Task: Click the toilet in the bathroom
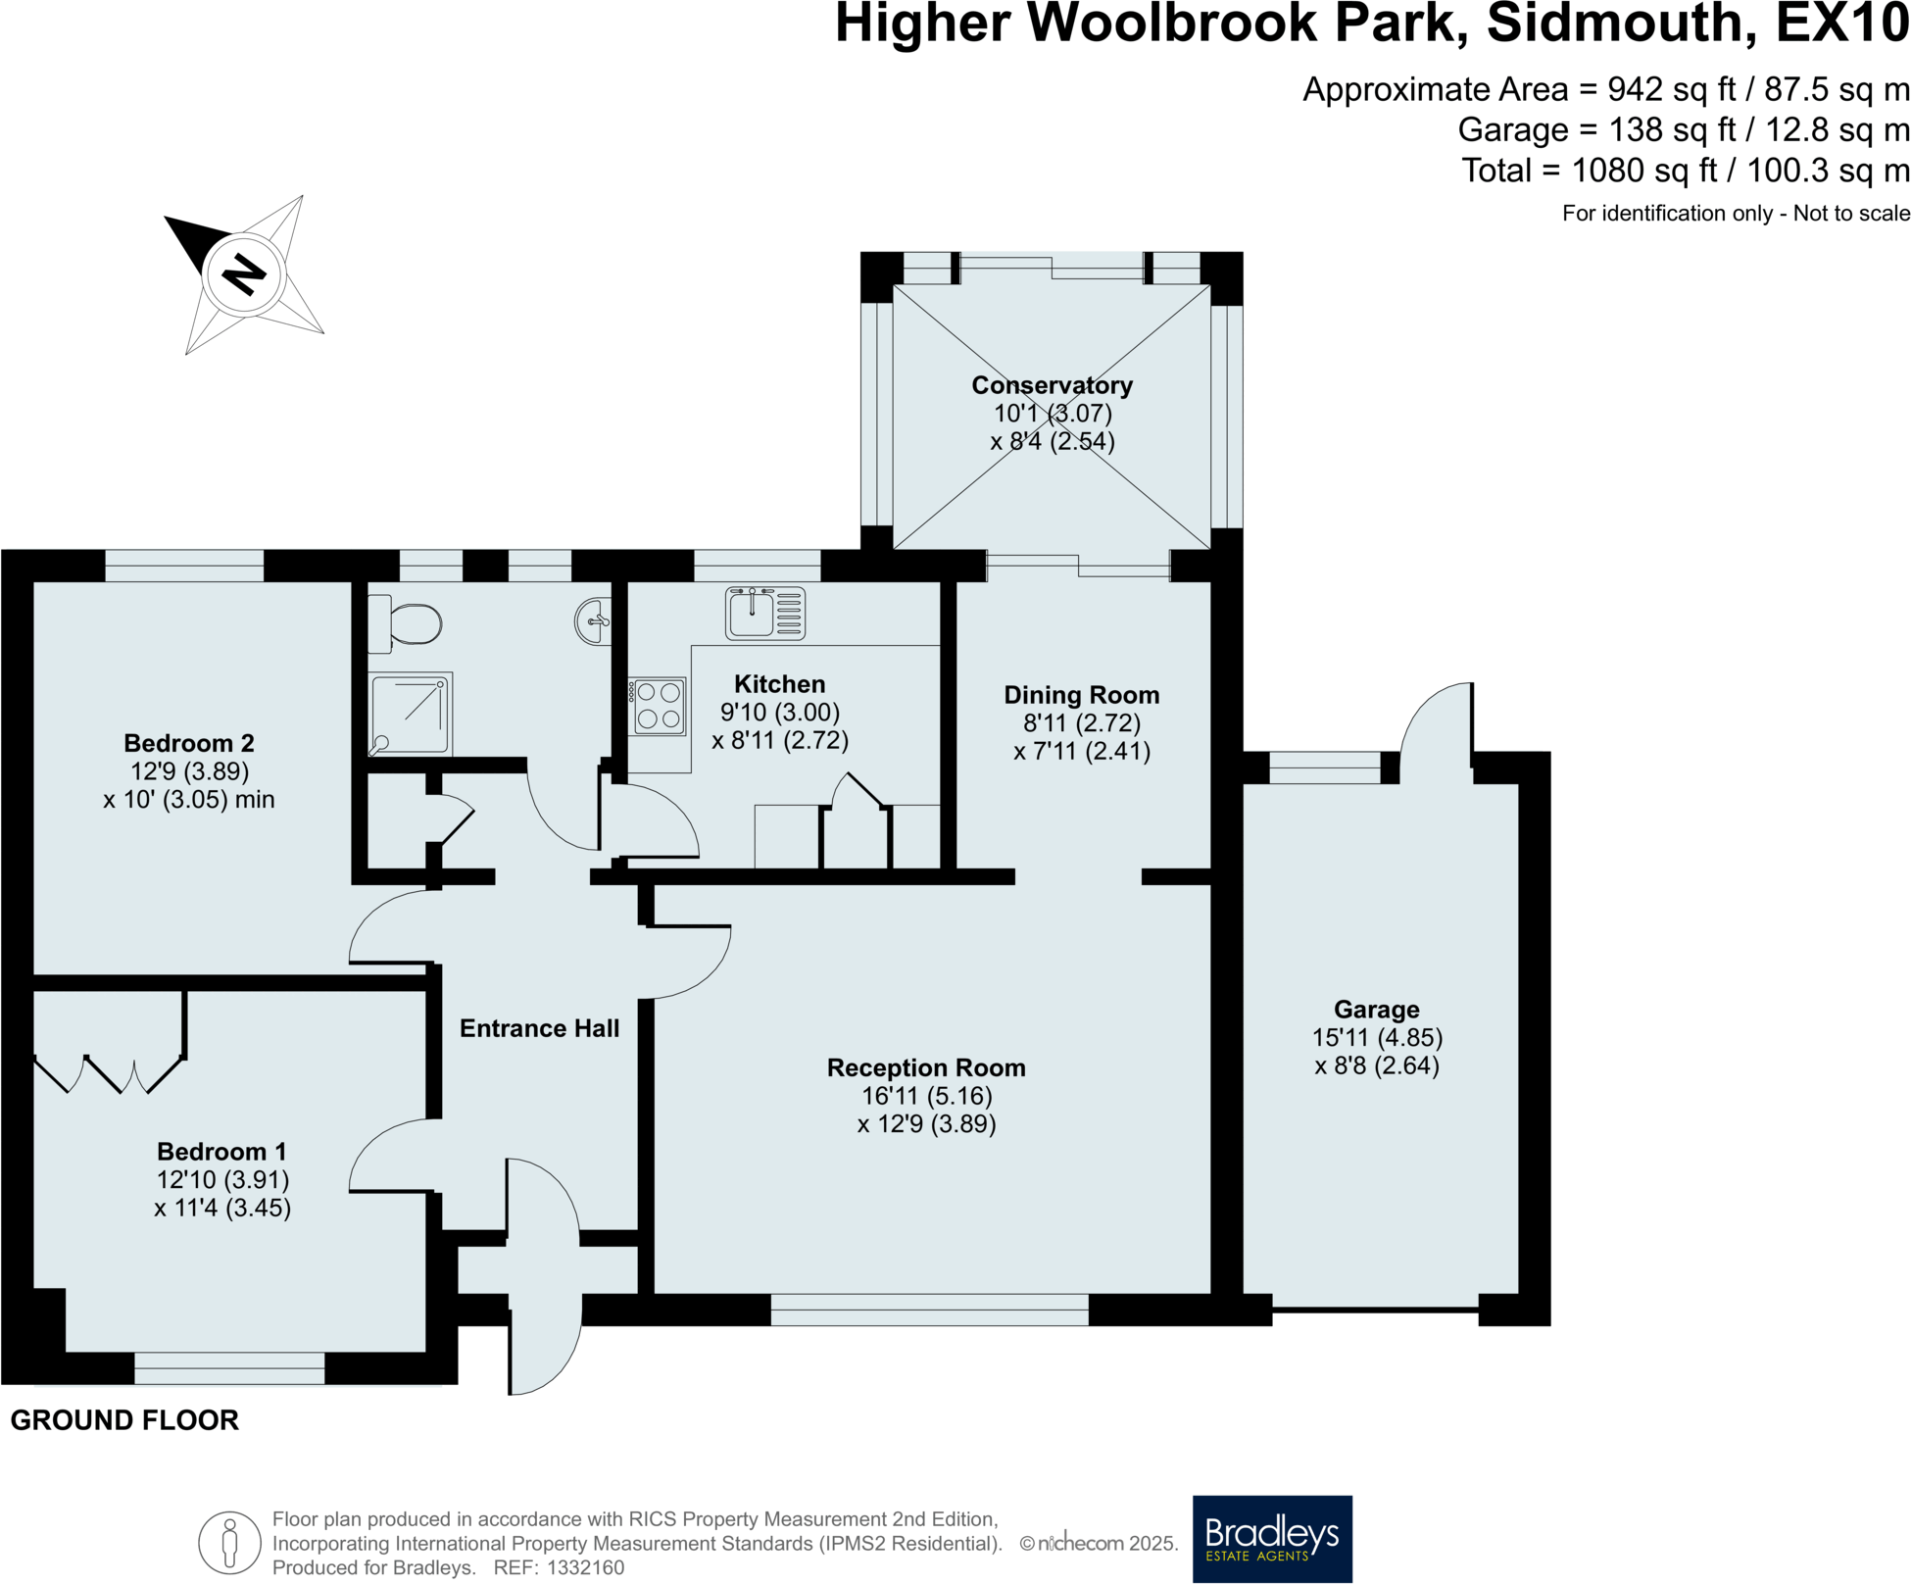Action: (411, 624)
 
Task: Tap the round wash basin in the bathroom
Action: (593, 621)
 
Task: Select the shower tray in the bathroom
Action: (410, 714)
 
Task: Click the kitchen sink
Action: (764, 613)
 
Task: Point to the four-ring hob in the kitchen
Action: (659, 707)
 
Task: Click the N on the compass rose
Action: (244, 273)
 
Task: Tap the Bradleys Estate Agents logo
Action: (1271, 1538)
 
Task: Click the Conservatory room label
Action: (1052, 385)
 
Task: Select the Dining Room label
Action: (1081, 695)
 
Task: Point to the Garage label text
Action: (1376, 1010)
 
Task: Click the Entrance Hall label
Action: (539, 1028)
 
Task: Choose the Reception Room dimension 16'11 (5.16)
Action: (926, 1096)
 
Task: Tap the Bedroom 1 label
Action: (221, 1152)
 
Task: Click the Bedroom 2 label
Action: (189, 743)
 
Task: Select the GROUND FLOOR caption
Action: (124, 1420)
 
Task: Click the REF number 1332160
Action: (585, 1567)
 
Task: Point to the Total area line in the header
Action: (1686, 171)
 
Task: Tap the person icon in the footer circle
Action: (229, 1543)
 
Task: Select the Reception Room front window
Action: (929, 1310)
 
